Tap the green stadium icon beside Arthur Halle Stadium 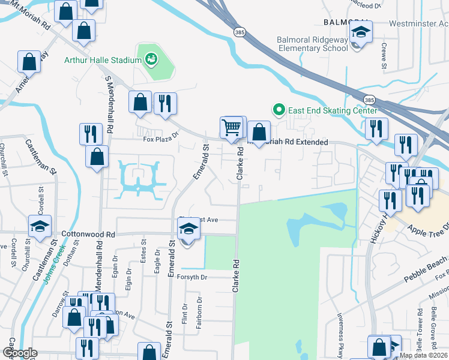click(x=150, y=59)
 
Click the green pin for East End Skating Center click(x=278, y=110)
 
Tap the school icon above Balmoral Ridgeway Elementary click(x=361, y=32)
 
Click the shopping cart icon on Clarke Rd click(x=231, y=128)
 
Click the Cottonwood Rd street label click(x=88, y=233)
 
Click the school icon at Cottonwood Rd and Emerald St click(x=188, y=230)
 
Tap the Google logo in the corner click(x=20, y=353)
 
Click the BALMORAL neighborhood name click(x=345, y=22)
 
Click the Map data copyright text click(x=423, y=355)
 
